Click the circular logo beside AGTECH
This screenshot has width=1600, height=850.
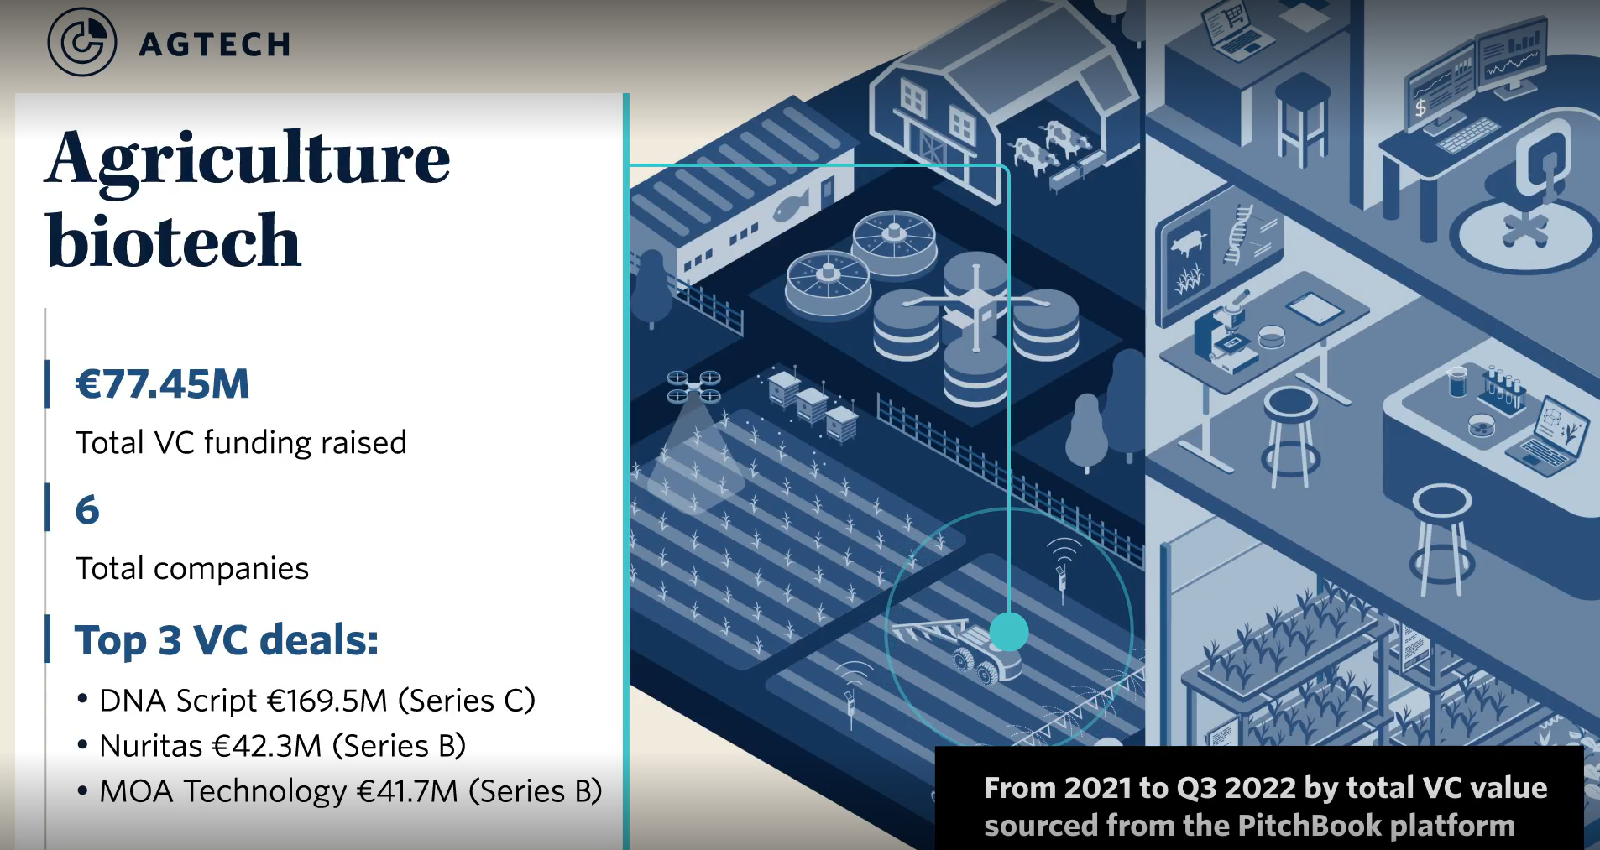pos(81,42)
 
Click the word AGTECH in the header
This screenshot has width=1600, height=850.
pos(215,44)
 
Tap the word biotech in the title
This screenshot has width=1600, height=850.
pos(174,242)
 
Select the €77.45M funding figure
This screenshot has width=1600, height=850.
pos(163,384)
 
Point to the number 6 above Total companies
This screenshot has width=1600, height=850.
pos(87,510)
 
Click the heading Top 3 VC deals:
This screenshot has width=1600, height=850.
pos(227,640)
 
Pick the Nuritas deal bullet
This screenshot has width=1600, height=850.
pos(282,746)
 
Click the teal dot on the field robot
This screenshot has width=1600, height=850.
pos(1008,632)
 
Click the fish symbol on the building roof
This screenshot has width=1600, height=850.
pos(790,205)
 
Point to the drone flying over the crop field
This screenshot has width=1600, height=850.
pos(693,387)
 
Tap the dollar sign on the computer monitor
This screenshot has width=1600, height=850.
pos(1420,107)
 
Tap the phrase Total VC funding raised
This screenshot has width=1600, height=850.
pos(241,442)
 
